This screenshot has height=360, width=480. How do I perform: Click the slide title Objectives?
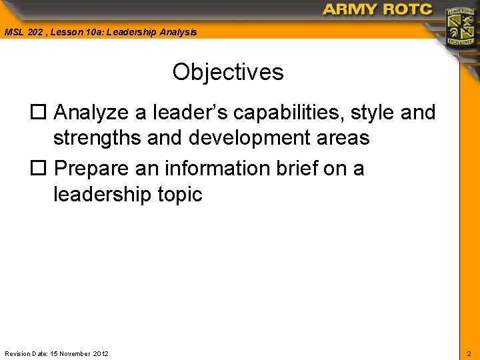(228, 72)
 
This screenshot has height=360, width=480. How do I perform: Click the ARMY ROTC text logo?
(377, 9)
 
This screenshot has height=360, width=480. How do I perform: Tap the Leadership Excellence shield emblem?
(460, 27)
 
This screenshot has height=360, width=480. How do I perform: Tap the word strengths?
(95, 138)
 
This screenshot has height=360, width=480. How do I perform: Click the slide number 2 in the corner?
(468, 353)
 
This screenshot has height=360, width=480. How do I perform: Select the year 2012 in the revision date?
(101, 353)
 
